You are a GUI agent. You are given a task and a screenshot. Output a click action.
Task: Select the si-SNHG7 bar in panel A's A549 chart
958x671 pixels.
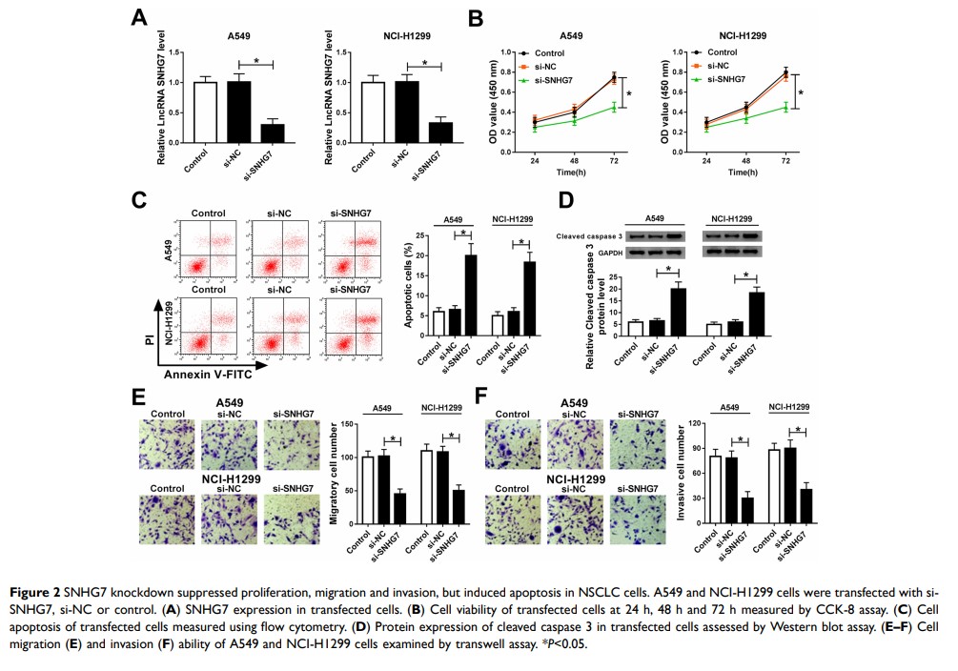[x=272, y=132]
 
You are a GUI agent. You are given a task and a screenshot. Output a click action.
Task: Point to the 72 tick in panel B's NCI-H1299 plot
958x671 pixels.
[x=785, y=161]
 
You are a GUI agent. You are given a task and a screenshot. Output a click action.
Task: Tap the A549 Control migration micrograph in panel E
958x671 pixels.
[x=169, y=444]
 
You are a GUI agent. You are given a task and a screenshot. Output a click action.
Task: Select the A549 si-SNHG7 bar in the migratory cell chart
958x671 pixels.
[x=399, y=508]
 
